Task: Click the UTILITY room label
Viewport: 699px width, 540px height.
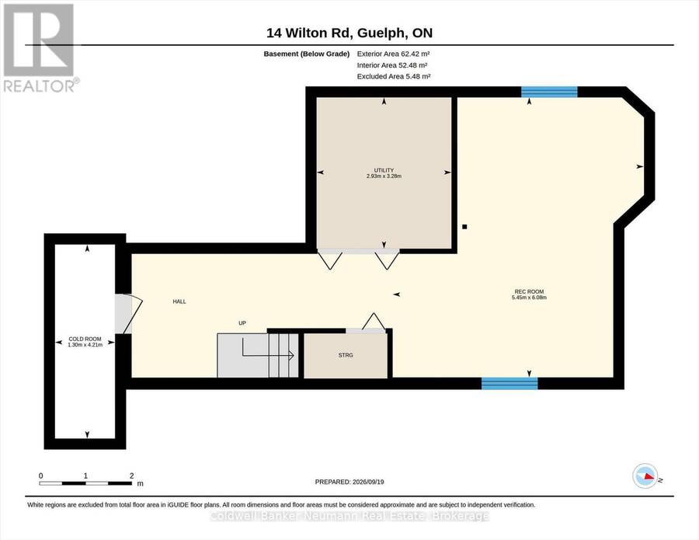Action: point(384,170)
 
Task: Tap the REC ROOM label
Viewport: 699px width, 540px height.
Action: point(529,291)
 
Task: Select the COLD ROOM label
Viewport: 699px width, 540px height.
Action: point(85,339)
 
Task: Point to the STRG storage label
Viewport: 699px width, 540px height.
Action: point(346,355)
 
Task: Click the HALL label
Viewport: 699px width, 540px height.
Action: point(179,301)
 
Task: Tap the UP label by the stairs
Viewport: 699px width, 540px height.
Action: point(242,323)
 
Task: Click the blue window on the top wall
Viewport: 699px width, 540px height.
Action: point(549,92)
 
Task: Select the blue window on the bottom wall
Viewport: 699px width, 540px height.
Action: point(509,384)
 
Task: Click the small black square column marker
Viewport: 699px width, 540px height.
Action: point(464,227)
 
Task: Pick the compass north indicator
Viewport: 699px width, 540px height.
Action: point(645,476)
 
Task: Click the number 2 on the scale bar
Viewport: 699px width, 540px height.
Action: point(131,476)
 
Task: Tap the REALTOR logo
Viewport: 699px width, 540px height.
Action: point(40,47)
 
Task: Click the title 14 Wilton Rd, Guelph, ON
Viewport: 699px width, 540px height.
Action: point(349,33)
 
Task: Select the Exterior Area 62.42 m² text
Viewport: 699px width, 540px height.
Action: point(393,54)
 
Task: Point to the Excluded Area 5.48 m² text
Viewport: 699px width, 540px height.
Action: point(394,76)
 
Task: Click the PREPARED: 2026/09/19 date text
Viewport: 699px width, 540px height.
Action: point(349,482)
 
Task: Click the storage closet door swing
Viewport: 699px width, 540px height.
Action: point(374,321)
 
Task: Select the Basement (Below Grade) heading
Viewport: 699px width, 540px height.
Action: point(306,54)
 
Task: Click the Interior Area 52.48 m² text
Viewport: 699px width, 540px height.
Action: point(392,65)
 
